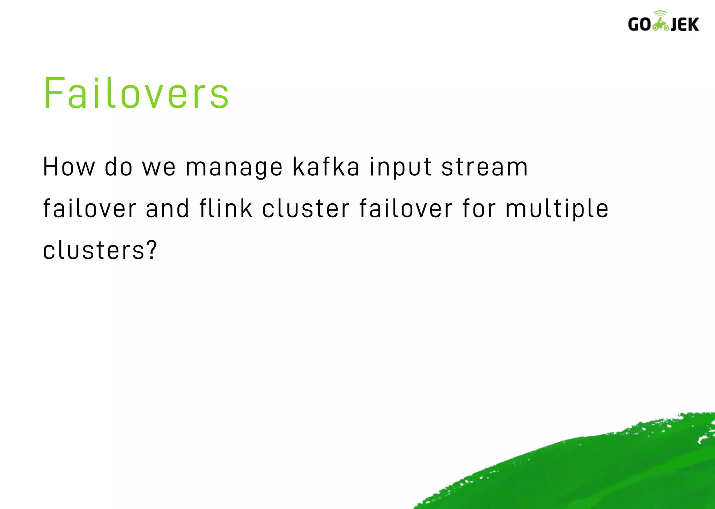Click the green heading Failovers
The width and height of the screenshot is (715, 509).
coord(136,94)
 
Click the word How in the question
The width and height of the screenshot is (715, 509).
coord(69,167)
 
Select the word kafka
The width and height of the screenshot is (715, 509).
coord(326,167)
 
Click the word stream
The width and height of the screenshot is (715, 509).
coord(485,167)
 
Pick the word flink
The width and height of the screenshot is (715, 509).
coord(226,209)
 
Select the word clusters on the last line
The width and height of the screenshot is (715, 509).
coord(94,250)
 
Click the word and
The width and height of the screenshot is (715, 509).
coord(167,209)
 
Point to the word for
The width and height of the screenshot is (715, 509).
coord(479,209)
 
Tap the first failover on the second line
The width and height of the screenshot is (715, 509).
coord(89,209)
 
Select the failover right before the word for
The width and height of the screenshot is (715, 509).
coord(406,209)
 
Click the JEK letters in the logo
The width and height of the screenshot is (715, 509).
coord(684,25)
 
